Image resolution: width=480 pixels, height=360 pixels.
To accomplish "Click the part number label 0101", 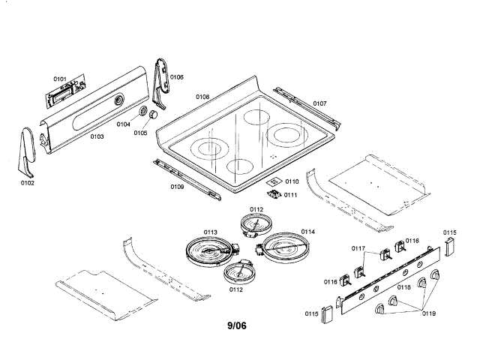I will [60, 79].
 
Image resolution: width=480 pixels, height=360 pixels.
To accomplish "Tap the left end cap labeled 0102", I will [26, 150].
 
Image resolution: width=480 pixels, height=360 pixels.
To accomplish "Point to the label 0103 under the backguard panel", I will [97, 137].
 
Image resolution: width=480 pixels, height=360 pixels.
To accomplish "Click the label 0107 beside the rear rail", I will [319, 103].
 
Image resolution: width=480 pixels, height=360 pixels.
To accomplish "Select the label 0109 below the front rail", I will [177, 186].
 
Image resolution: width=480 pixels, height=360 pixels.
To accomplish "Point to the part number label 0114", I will [307, 232].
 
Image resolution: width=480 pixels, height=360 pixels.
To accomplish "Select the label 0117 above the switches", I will [358, 249].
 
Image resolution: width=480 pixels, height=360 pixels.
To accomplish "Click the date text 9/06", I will [237, 325].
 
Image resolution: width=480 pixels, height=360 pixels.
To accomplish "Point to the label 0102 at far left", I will [26, 181].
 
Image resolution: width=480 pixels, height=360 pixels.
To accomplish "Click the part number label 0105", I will [140, 133].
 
